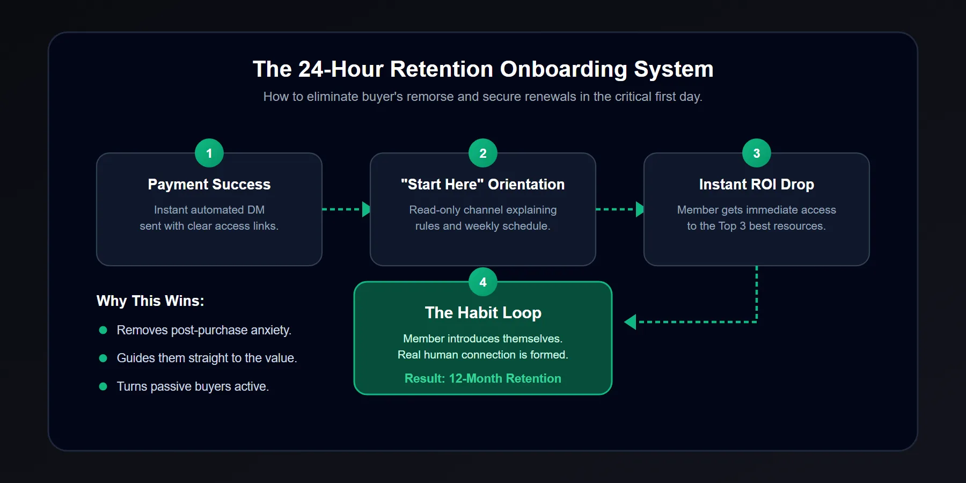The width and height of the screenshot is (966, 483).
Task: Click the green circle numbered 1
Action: coord(209,153)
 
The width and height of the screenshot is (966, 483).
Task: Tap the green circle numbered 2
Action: coord(483,153)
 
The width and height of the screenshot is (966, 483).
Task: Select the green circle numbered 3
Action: coord(757,153)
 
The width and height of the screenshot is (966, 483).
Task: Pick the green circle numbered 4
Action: coord(483,282)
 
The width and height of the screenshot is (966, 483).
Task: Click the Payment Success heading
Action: coord(209,185)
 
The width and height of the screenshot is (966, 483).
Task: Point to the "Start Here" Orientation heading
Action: coord(483,185)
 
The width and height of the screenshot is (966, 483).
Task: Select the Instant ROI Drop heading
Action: coord(757,185)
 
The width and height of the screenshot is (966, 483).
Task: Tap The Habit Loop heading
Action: coord(483,313)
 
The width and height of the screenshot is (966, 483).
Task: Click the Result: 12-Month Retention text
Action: coord(483,378)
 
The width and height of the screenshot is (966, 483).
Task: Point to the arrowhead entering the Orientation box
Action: coord(366,209)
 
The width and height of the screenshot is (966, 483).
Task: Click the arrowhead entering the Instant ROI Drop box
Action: coord(640,209)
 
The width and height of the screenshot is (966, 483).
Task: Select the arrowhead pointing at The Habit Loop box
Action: coord(630,322)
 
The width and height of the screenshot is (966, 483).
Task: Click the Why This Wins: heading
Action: coord(150,301)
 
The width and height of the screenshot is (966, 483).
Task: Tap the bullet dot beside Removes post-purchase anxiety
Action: coord(103,330)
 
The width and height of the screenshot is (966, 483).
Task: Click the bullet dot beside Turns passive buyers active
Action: coord(103,386)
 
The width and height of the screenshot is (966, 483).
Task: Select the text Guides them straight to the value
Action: coord(207,358)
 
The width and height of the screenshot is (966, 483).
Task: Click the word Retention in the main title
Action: coord(441,69)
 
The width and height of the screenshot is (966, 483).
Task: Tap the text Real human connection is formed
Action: coord(483,355)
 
